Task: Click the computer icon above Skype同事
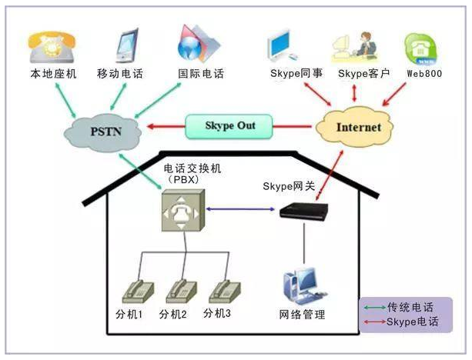282,45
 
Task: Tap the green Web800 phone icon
421,47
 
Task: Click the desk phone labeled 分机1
139,292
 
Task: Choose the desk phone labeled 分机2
182,292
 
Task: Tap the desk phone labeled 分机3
223,290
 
